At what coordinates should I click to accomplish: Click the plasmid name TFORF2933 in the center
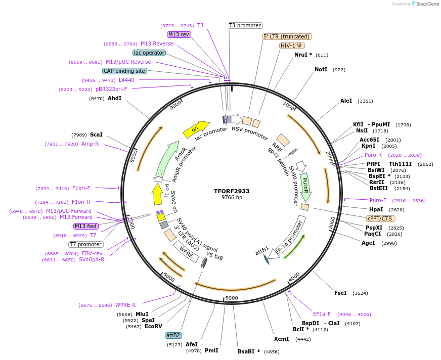pyautogui.click(x=232, y=191)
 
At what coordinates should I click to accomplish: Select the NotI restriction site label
pyautogui.click(x=321, y=69)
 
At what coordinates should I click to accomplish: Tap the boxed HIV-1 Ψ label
pyautogui.click(x=292, y=46)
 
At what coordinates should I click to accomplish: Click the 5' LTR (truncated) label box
pyautogui.click(x=287, y=36)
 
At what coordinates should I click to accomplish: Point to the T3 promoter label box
pyautogui.click(x=245, y=25)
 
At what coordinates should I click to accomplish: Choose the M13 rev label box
pyautogui.click(x=179, y=34)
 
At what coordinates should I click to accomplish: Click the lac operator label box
pyautogui.click(x=149, y=53)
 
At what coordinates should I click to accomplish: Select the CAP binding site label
pyautogui.click(x=124, y=71)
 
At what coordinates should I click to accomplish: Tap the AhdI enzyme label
pyautogui.click(x=114, y=98)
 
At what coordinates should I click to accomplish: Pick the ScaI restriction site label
pyautogui.click(x=96, y=134)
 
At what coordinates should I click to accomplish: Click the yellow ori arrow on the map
pyautogui.click(x=196, y=129)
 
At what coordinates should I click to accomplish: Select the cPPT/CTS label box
pyautogui.click(x=379, y=218)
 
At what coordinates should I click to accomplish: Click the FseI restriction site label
pyautogui.click(x=340, y=293)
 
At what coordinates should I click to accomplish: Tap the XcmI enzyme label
pyautogui.click(x=281, y=339)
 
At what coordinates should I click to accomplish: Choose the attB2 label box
pyautogui.click(x=173, y=335)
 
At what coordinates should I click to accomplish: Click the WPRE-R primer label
pyautogui.click(x=125, y=305)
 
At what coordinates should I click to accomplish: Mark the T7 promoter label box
pyautogui.click(x=86, y=244)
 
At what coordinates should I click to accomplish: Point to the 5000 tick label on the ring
pyautogui.click(x=232, y=298)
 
